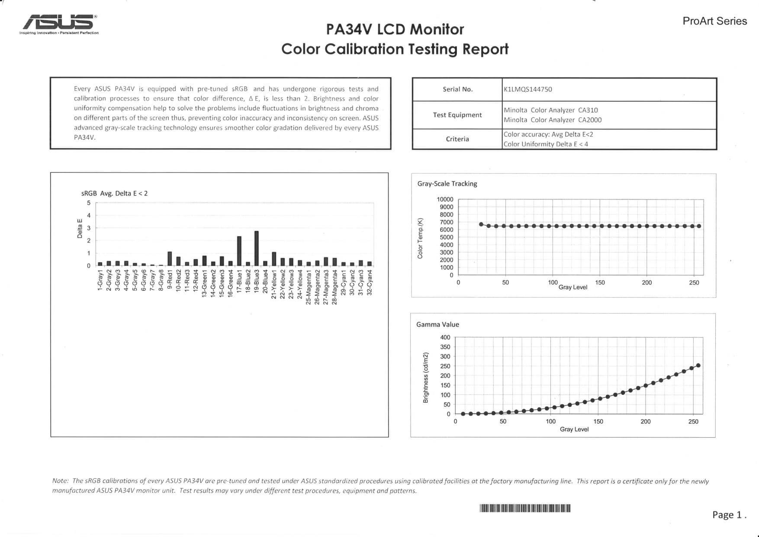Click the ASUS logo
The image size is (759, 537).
point(59,23)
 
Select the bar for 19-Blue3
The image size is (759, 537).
point(256,248)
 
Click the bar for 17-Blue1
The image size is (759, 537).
point(239,251)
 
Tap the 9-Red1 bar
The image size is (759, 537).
point(170,259)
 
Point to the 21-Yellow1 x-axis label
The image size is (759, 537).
point(273,284)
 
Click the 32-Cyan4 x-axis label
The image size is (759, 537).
point(370,283)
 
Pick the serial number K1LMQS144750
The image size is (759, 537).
point(527,89)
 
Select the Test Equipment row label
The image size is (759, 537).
point(457,115)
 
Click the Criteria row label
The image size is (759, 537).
point(457,139)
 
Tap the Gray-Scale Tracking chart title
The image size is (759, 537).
point(447,184)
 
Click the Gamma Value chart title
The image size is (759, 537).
point(437,324)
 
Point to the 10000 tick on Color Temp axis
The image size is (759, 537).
point(445,200)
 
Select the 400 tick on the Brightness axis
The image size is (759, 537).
point(445,337)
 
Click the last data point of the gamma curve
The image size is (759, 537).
point(698,366)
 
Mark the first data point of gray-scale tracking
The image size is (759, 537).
point(481,224)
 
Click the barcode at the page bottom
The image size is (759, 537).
point(525,508)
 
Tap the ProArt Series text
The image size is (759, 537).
point(714,21)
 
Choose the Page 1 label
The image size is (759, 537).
point(729,514)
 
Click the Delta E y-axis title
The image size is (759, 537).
point(80,229)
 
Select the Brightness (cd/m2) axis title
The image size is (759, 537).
point(425,378)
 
